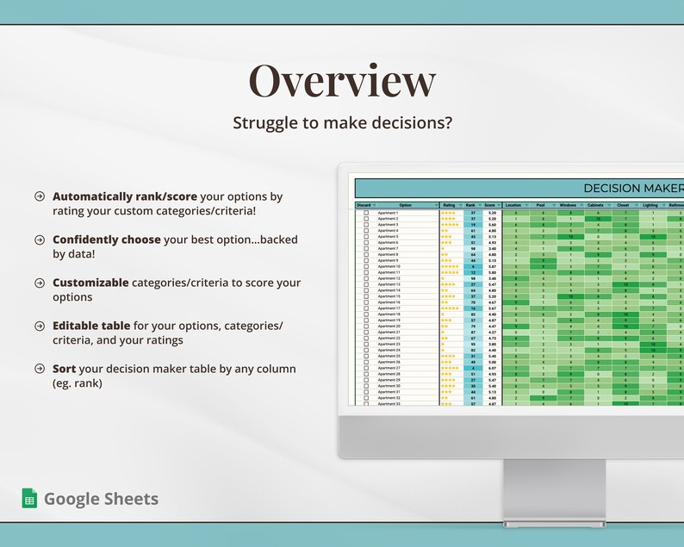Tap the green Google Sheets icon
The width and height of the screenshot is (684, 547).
coord(29,498)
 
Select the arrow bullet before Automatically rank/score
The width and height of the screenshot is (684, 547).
coord(40,196)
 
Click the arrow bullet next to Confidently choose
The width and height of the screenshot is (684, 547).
coord(40,239)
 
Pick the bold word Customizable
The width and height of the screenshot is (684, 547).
coord(90,283)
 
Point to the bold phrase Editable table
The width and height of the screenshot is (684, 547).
coord(94,326)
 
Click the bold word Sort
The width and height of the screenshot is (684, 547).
coord(64,369)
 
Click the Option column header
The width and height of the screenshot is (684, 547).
coord(406,205)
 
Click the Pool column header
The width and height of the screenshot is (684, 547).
coord(542,205)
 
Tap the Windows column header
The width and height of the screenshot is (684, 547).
coord(569,205)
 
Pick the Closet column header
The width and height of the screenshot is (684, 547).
coord(623,205)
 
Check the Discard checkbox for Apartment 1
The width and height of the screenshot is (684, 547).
coord(366,213)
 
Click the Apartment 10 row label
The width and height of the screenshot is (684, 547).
coord(389,267)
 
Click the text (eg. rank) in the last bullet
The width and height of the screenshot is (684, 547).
coord(78,383)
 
